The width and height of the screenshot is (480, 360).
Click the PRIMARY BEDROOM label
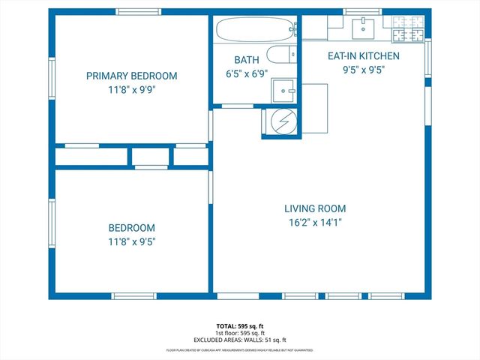131,76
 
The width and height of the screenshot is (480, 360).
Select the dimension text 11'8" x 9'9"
131,88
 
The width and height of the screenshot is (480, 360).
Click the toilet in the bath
280,55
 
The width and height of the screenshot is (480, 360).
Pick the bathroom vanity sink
283,90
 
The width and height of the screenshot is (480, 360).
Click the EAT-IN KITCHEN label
363,56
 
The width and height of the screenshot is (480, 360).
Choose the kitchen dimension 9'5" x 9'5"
363,70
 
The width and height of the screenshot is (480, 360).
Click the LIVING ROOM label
315,208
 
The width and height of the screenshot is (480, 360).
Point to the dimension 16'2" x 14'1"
315,222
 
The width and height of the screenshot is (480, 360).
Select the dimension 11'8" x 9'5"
131,241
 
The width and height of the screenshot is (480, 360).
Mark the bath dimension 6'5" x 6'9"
245,74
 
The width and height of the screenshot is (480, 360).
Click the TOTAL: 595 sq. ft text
240,326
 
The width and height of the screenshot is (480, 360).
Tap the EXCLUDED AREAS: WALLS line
240,340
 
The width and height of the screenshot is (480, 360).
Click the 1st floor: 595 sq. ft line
240,334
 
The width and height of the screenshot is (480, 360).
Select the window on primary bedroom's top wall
139,11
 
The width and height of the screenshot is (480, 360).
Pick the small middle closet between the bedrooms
150,156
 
